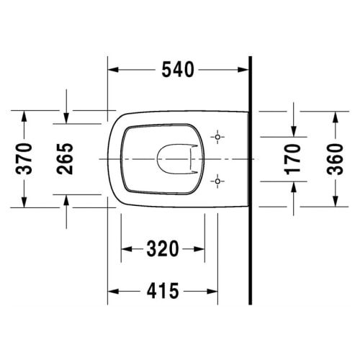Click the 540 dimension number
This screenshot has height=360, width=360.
click(178, 70)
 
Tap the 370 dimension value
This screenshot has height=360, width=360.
click(24, 159)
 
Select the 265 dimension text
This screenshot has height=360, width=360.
click(65, 159)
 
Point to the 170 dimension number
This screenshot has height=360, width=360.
click(292, 159)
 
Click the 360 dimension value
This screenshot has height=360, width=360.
click(335, 159)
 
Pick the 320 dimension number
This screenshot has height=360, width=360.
click(163, 249)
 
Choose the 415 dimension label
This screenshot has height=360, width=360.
click(163, 291)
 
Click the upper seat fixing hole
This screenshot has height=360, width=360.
click(217, 137)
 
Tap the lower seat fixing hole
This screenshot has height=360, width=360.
click(217, 181)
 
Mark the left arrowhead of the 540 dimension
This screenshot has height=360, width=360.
click(113, 70)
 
